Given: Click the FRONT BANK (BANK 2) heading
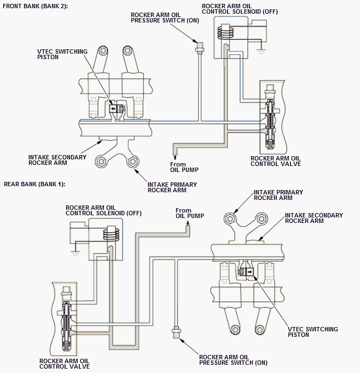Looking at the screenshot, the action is [x=35, y=6].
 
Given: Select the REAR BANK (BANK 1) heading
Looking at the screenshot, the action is [x=34, y=184].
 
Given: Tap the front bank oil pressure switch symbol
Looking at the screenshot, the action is [x=199, y=48].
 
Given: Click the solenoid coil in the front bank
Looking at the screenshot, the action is [x=225, y=31].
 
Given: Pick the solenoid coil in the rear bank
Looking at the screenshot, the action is [x=111, y=233].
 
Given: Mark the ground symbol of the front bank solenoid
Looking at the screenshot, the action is [x=261, y=51].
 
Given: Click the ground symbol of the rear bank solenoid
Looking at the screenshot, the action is [x=76, y=253].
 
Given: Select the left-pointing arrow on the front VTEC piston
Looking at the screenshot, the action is [x=113, y=109].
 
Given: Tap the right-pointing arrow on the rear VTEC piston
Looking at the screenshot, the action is [x=249, y=272].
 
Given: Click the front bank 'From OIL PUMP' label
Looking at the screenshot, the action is [x=184, y=167].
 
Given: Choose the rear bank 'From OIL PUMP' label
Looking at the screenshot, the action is [x=190, y=213].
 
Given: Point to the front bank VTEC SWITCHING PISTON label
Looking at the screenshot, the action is [x=62, y=54].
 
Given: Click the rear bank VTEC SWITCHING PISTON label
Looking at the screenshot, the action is [x=313, y=332].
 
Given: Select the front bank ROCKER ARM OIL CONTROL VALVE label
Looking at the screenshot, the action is [x=276, y=161].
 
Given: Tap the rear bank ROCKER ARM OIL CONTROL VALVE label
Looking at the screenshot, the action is [x=65, y=364].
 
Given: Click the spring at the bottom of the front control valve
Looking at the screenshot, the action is [x=269, y=145].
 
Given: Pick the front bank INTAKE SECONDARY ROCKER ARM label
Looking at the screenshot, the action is [x=57, y=160].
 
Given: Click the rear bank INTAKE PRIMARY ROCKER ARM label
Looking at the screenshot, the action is [x=278, y=195].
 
